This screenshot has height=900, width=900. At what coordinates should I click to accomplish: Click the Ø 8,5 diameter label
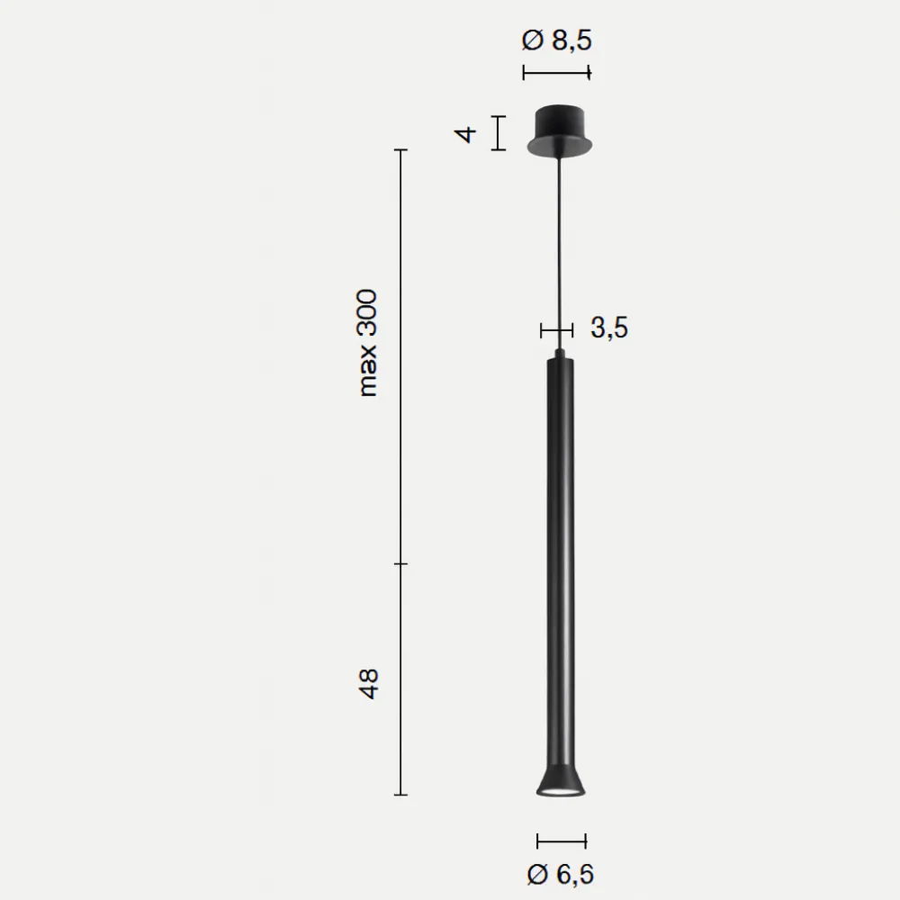pyautogui.click(x=556, y=40)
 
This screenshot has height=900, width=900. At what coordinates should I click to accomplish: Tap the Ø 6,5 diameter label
pyautogui.click(x=560, y=874)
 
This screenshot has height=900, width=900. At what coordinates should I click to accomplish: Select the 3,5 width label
pyautogui.click(x=609, y=328)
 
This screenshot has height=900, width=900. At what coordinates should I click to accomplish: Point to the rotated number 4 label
pyautogui.click(x=465, y=134)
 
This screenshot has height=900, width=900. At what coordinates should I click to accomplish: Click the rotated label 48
pyautogui.click(x=368, y=684)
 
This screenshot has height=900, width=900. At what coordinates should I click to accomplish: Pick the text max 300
pyautogui.click(x=367, y=343)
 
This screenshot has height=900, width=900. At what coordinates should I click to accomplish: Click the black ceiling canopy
pyautogui.click(x=560, y=130)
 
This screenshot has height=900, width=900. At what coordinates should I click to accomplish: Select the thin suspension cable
pyautogui.click(x=559, y=253)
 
